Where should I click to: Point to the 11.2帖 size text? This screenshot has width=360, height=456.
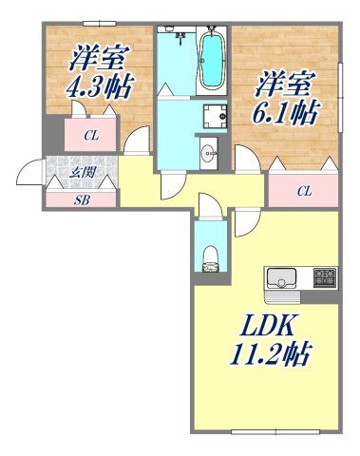pos(271,353)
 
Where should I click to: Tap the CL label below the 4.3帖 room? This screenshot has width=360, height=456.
pos(91,136)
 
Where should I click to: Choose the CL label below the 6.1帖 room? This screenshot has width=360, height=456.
pos(304,191)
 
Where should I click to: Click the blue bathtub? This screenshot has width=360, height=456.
pos(211,59)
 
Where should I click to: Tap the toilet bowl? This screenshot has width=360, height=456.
pos(211,255)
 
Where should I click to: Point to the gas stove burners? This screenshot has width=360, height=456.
pos(325,279)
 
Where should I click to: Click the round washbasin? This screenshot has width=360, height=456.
pos(208,151)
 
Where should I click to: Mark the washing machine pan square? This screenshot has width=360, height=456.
pos(212,118)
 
